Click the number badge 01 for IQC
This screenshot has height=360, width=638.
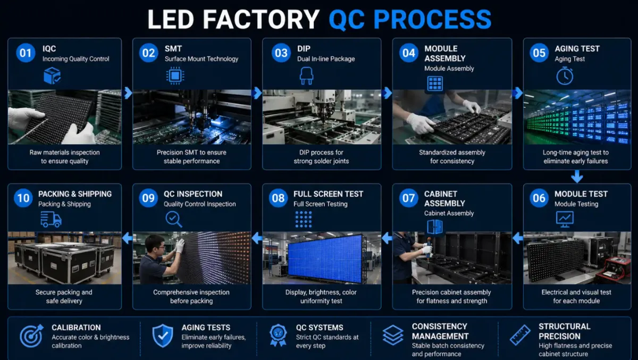point(26,53)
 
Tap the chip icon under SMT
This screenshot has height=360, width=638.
point(175,76)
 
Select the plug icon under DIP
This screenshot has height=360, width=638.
point(306,76)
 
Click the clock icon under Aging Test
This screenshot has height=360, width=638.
point(565,76)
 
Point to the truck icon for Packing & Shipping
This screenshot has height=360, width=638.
point(51,219)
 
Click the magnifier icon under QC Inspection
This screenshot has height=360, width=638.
point(174,219)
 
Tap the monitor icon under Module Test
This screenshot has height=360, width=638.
point(565,219)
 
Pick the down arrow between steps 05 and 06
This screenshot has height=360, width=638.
point(577,177)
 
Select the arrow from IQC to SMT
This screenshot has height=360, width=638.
point(128,93)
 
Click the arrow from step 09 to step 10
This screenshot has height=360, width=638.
point(127,238)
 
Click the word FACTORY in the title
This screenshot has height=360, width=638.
point(261,19)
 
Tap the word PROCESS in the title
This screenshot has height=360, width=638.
point(432,19)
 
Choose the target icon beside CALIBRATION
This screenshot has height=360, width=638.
point(31,336)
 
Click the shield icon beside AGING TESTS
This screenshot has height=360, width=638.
point(163,336)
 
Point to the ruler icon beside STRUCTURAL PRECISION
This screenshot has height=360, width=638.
point(520,335)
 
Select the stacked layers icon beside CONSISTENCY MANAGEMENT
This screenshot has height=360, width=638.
point(393,335)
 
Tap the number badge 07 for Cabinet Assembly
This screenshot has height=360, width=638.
point(408,198)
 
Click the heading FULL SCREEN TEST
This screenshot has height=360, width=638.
point(328,194)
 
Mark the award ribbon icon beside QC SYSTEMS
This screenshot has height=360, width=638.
point(278,336)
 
